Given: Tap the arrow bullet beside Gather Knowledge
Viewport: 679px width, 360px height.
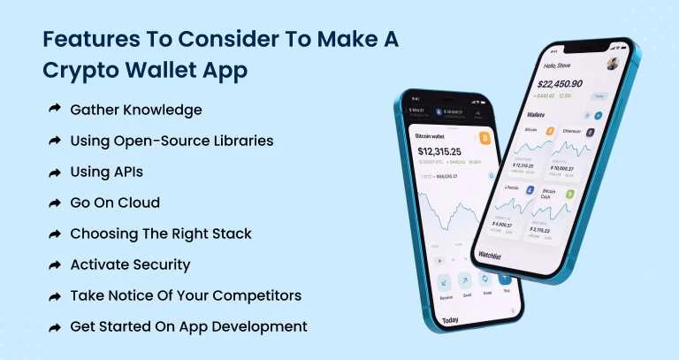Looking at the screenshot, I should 54,110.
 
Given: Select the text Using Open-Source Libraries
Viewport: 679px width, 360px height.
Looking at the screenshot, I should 172,141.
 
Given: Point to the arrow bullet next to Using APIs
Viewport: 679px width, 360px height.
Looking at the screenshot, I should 54,172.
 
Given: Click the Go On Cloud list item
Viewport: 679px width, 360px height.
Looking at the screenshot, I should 115,203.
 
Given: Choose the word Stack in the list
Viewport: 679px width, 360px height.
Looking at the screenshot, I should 232,234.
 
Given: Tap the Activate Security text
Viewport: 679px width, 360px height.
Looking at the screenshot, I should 130,264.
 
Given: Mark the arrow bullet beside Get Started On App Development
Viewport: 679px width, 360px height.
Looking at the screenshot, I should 54,326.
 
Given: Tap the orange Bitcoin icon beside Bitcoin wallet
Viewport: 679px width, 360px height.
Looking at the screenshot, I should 484,138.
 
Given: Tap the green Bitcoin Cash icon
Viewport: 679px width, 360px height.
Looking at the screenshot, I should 570,193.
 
